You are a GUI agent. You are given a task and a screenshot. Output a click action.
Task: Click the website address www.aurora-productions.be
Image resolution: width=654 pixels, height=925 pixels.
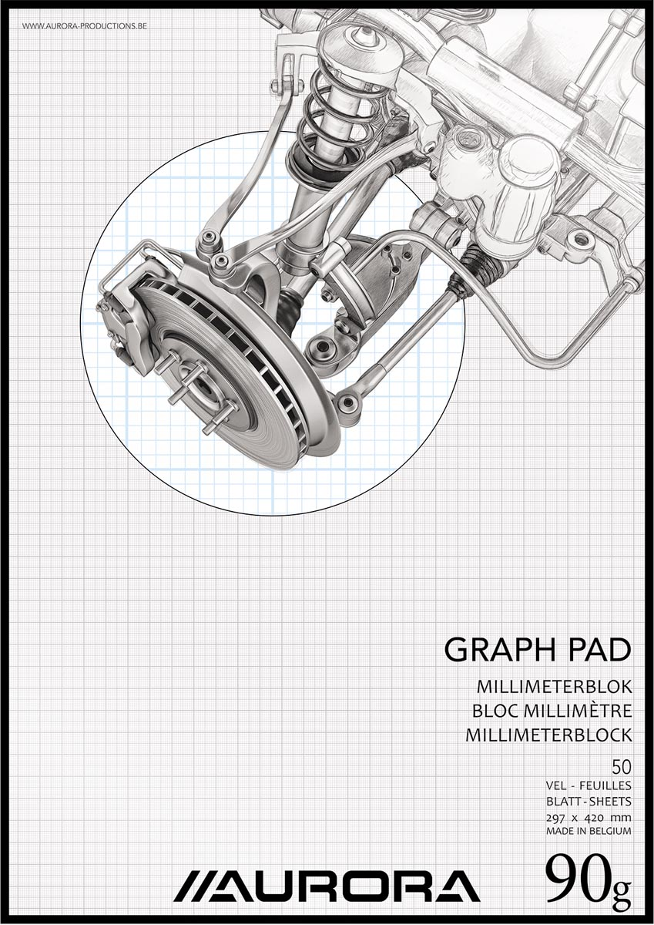85,26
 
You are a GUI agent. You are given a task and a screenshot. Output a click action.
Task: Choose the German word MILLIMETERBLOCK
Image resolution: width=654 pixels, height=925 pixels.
548,735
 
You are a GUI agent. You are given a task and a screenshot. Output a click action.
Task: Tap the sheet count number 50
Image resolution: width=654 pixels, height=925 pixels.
621,767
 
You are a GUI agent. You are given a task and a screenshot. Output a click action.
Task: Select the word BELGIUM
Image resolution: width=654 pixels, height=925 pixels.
609,832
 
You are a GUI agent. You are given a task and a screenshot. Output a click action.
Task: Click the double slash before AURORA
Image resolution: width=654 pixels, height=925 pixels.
189,887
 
